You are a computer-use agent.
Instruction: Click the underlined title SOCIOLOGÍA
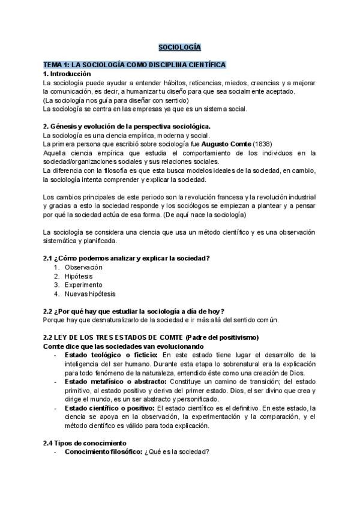tap(179, 46)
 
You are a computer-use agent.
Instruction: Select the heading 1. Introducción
tap(67, 73)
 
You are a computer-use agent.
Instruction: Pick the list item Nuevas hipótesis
tap(90, 294)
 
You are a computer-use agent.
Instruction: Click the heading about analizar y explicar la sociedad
tap(126, 258)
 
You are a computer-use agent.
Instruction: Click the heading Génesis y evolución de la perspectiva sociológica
tap(127, 127)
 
